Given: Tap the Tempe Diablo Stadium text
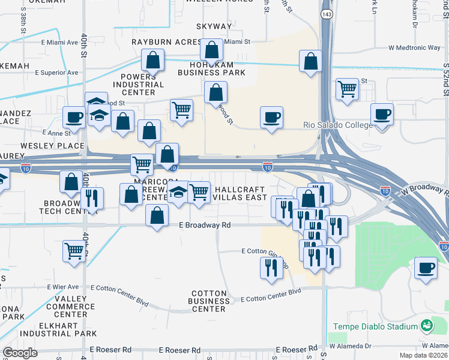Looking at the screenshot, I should tap(375, 326).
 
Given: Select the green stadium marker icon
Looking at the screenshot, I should tap(426, 326).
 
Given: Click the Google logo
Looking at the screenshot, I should tap(20, 353).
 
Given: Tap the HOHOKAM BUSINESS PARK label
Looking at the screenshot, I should tap(211, 67).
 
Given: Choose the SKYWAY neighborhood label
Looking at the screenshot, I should tap(214, 26).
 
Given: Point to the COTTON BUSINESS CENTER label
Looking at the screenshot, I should tap(209, 301).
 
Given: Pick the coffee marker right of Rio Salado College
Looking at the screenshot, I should tap(381, 115).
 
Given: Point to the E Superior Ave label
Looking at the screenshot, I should tap(56, 73).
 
